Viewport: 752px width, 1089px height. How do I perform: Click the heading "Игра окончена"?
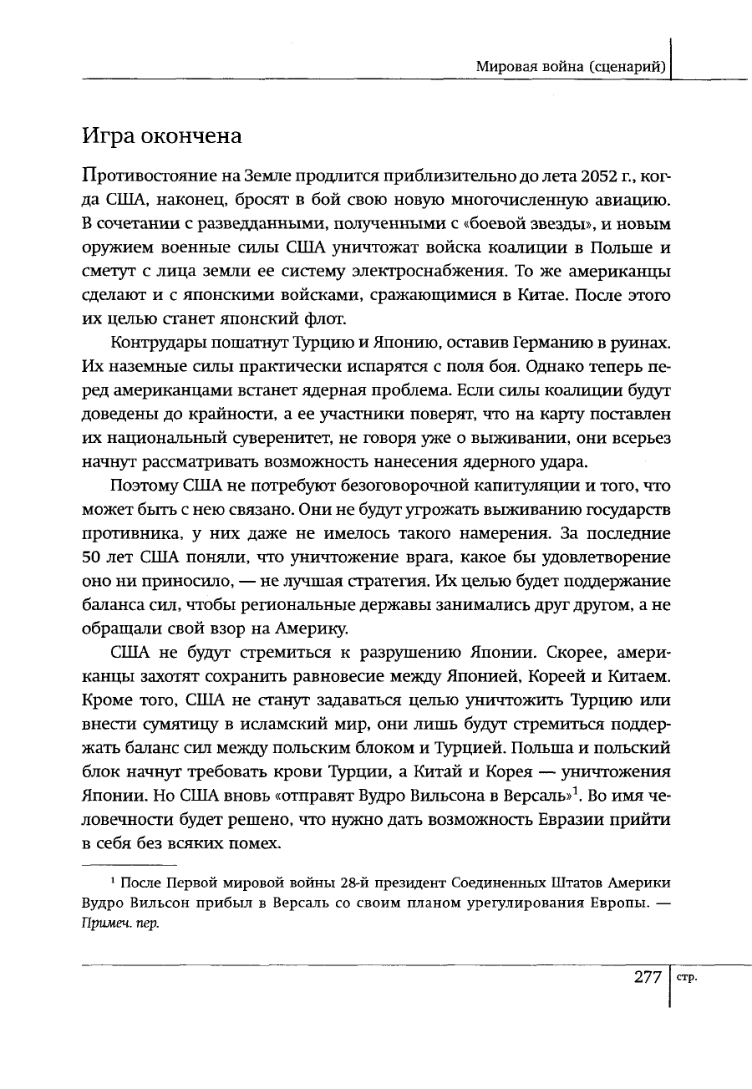(x=162, y=135)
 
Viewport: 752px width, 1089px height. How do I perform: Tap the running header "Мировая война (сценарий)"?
(x=570, y=66)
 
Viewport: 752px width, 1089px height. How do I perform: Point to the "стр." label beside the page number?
(x=688, y=977)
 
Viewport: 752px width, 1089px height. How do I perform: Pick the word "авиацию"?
(x=634, y=201)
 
